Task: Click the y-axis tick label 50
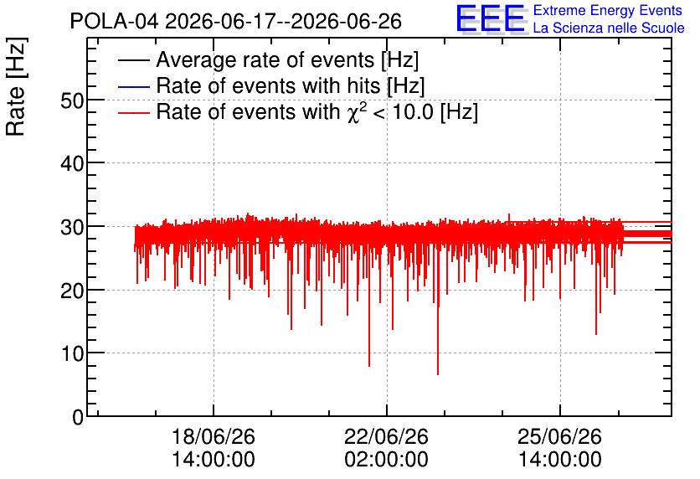tap(72, 100)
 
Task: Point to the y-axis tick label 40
tap(72, 164)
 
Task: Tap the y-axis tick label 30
tap(72, 227)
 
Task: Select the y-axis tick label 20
tap(72, 291)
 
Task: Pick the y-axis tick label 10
tap(72, 354)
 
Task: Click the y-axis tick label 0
tap(78, 417)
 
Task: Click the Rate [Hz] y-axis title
tap(16, 86)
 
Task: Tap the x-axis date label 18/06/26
tap(214, 436)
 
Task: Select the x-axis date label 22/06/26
tap(386, 436)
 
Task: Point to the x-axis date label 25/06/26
tap(560, 436)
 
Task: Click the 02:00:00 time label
tap(386, 459)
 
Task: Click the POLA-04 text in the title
tap(114, 21)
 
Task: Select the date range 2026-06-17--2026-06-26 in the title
tap(284, 21)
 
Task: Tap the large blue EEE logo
tap(491, 19)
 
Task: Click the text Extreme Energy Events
tap(608, 10)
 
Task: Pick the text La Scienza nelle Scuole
tap(609, 28)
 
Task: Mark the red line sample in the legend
tap(133, 113)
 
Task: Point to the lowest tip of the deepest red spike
tap(438, 374)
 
